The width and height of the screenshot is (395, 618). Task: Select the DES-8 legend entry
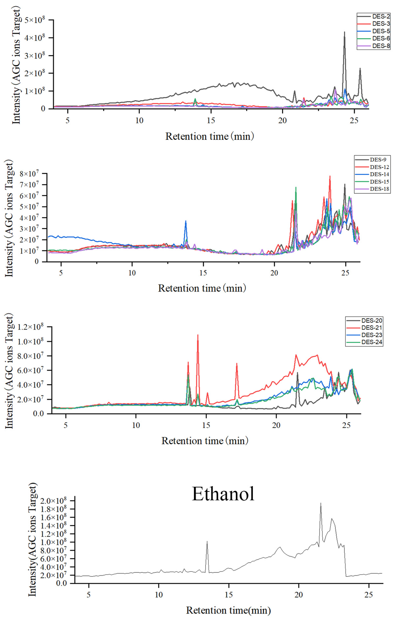[x=381, y=46]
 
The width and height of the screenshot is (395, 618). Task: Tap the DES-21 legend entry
[x=371, y=328]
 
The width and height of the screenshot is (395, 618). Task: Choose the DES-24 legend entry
[x=371, y=342]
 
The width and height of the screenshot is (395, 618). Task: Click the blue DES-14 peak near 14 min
[x=186, y=221]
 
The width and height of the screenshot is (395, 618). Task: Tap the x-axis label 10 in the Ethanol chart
[x=159, y=595]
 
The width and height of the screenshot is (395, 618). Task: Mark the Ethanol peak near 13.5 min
[x=207, y=542]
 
